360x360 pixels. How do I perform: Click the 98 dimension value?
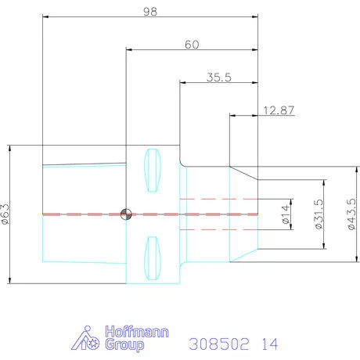click(150, 12)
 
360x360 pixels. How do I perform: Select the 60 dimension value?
click(192, 45)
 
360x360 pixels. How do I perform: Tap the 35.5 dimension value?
click(219, 77)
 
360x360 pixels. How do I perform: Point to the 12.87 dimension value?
click(279, 110)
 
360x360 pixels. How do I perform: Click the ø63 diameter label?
click(5, 214)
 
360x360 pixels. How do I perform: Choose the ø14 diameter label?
click(286, 214)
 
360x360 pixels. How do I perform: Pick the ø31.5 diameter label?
click(319, 214)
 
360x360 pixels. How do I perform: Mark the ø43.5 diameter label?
click(352, 214)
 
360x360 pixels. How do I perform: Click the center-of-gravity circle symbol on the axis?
click(126, 214)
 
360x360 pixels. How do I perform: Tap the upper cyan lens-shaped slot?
click(153, 171)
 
